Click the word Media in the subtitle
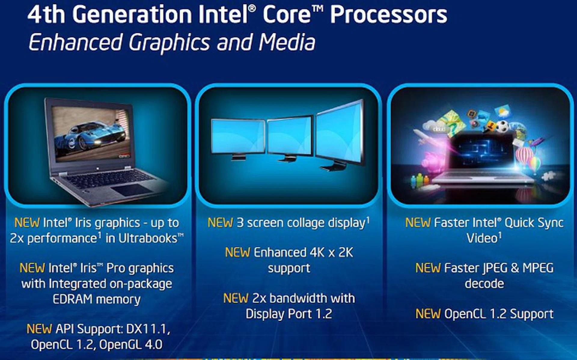tap(287, 42)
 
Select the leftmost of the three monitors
tap(238, 139)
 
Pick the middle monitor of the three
tap(290, 139)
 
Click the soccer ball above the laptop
tap(502, 126)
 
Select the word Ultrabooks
tap(148, 238)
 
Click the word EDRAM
tap(72, 299)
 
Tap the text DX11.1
tap(148, 329)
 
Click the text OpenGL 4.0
tap(131, 345)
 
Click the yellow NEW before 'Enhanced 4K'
tap(237, 253)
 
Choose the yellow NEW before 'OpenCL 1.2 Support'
tap(428, 314)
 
